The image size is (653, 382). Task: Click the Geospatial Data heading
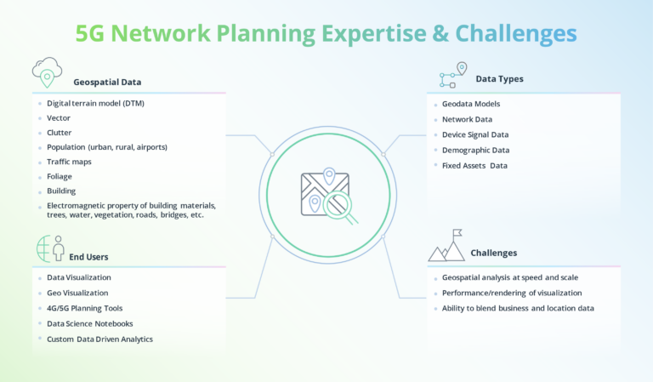click(107, 83)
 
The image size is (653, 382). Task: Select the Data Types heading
click(499, 79)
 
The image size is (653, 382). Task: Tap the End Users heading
click(89, 256)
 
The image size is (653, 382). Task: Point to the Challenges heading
click(493, 253)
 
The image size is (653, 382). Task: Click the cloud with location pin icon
click(47, 72)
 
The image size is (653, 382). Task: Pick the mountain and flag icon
click(447, 246)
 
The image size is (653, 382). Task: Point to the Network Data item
click(467, 119)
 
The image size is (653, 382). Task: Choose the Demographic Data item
click(474, 150)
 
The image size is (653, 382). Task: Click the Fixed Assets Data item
click(474, 165)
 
